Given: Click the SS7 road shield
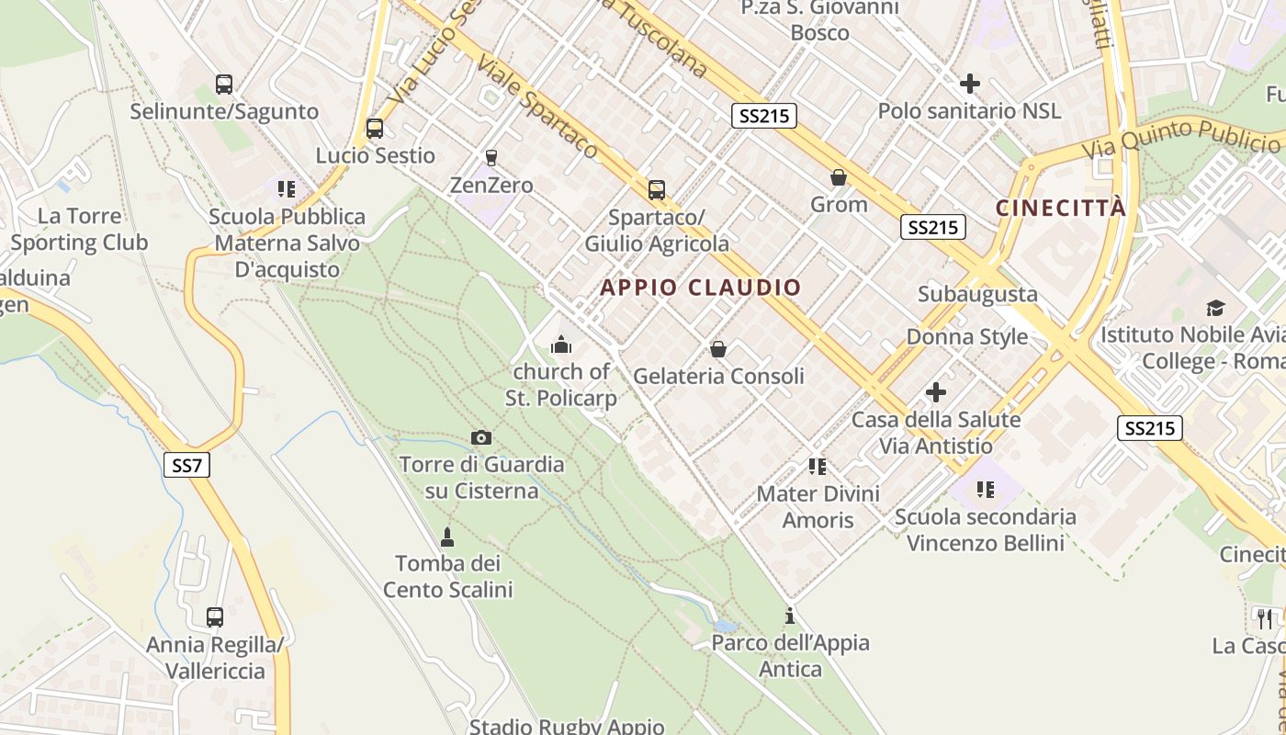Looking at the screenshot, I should point(186,465).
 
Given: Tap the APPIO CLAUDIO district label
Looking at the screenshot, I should point(701,288).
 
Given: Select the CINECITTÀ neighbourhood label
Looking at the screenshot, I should point(1061,208).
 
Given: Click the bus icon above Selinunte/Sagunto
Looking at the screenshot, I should point(224,85).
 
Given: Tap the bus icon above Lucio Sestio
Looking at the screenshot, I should point(375,129).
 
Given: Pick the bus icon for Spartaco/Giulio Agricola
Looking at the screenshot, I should point(657,190).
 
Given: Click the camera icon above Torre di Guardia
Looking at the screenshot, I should point(480,437).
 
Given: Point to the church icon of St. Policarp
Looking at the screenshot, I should point(561,345).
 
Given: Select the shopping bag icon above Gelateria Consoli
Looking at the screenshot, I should point(718,349).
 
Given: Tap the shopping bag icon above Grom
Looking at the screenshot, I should point(839,177).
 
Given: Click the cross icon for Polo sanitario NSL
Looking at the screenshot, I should point(969,85).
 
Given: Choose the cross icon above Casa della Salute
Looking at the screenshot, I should point(936,393).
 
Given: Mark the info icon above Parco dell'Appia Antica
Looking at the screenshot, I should point(790,616).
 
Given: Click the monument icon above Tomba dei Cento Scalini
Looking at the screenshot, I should point(447,536).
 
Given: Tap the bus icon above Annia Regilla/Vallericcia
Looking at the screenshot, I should point(215,617).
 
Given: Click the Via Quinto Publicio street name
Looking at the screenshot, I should point(1180,139).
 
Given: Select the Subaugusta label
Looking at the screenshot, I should point(978,294).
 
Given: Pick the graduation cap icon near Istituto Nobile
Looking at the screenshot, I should point(1215,309).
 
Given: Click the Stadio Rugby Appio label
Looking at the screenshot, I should point(567,726).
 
